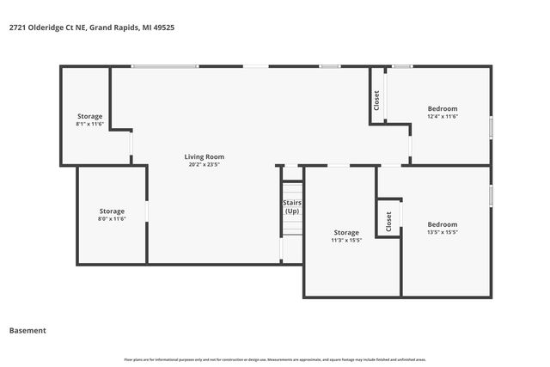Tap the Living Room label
tap(204, 156)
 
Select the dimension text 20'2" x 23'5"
tap(204, 164)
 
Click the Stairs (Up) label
tap(292, 207)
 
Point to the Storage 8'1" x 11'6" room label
tap(89, 116)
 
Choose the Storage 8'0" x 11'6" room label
tap(112, 211)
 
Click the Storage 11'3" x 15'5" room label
tap(346, 232)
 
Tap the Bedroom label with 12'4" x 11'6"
tap(443, 108)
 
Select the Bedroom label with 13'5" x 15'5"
tap(443, 224)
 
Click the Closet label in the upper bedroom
tap(376, 101)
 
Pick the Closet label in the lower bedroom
tap(388, 222)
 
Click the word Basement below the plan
tap(27, 330)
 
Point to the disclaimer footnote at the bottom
tap(275, 359)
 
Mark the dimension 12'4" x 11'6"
tap(443, 117)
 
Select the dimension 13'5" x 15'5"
tap(443, 232)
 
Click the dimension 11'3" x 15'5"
tap(346, 241)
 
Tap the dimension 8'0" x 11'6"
tap(112, 219)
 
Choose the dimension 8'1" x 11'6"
tap(89, 125)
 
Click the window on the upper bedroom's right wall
tap(492, 127)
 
